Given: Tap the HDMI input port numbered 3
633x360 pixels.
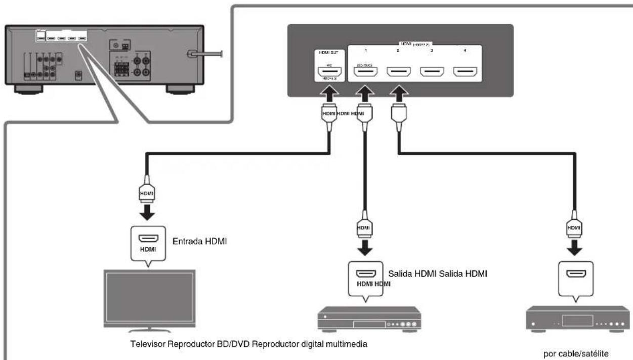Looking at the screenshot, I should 431,73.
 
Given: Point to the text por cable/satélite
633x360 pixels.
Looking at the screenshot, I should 570,354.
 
